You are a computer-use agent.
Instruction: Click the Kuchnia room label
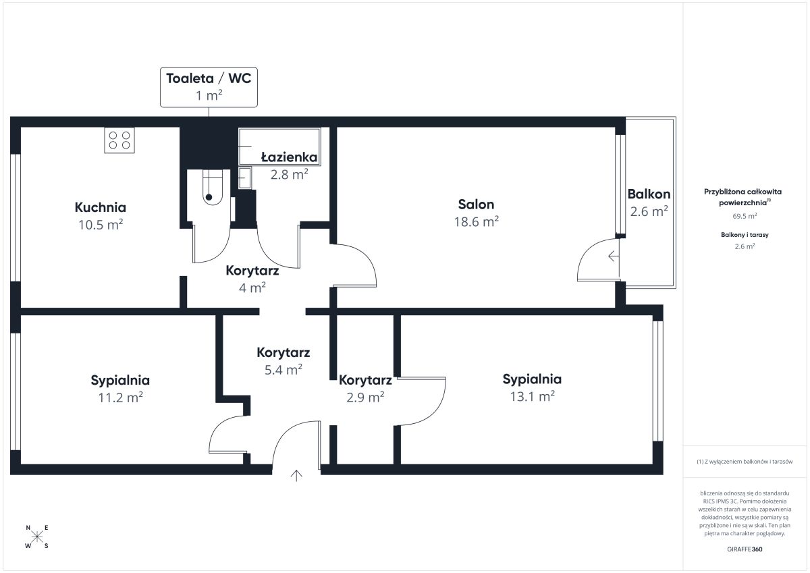tap(101, 207)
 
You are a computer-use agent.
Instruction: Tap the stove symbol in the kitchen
tap(119, 140)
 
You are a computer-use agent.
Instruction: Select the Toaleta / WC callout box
tap(209, 87)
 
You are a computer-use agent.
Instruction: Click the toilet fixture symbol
tap(212, 187)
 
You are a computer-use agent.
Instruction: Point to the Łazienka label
tap(290, 157)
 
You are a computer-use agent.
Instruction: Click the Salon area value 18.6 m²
tap(477, 222)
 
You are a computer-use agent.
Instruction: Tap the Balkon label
tap(649, 194)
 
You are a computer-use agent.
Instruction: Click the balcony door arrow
tap(614, 256)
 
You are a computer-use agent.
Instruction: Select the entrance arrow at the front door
tap(296, 476)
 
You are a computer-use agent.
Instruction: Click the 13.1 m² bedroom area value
tap(533, 397)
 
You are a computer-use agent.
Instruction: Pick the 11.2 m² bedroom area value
tap(120, 398)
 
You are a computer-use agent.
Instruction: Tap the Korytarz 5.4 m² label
tap(283, 353)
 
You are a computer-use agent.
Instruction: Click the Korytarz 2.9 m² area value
tap(365, 398)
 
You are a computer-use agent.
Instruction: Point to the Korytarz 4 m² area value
tap(252, 288)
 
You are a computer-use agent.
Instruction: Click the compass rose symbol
tap(37, 537)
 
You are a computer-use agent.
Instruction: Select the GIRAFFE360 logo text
tap(745, 549)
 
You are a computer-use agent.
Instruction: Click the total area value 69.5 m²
tap(745, 216)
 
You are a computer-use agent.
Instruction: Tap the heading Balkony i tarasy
tap(745, 235)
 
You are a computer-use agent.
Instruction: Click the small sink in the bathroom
tap(245, 178)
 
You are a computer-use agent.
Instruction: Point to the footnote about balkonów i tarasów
tap(745, 462)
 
